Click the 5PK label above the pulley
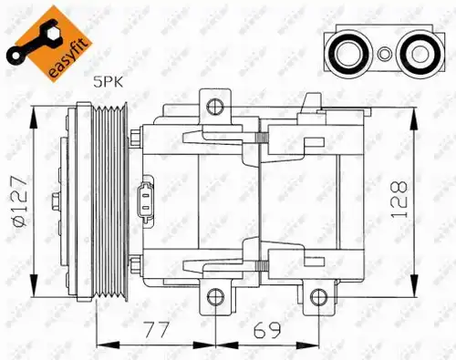[109, 82]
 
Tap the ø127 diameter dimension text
[20, 201]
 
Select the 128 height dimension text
[399, 200]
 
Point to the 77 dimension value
[156, 330]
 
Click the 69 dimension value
[268, 330]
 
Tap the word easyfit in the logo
[70, 60]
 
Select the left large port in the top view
[347, 54]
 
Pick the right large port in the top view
[420, 54]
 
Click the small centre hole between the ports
[384, 54]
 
